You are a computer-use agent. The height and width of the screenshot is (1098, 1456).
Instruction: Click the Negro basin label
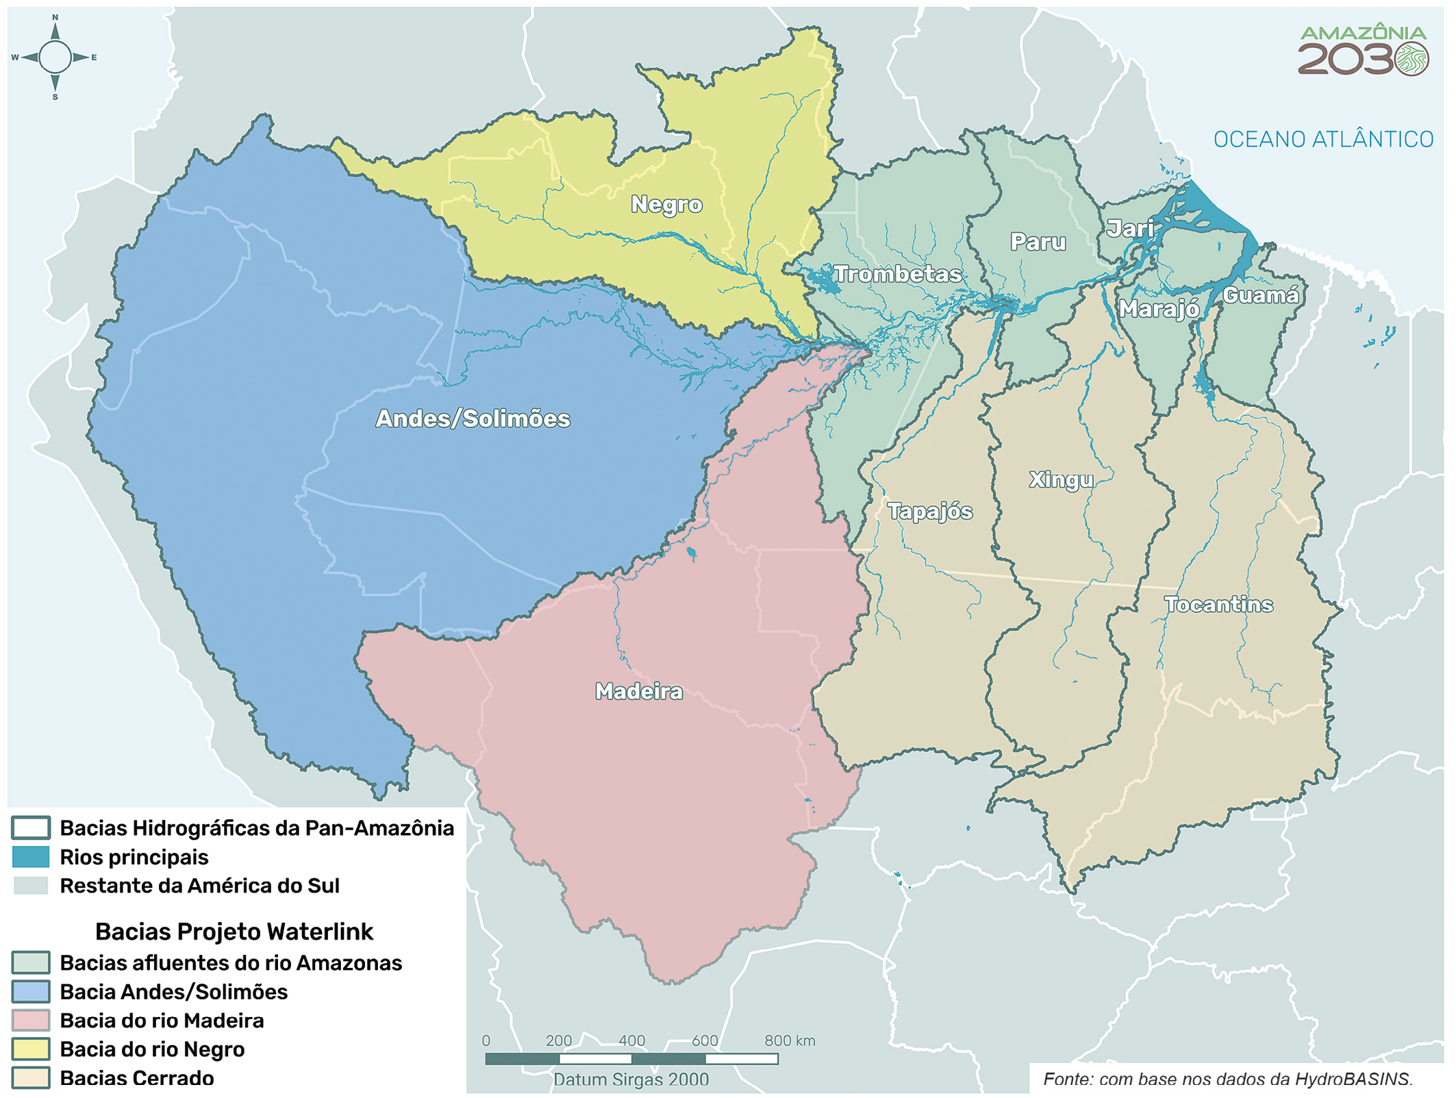point(666,204)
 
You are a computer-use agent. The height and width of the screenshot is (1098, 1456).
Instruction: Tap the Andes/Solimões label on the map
point(473,419)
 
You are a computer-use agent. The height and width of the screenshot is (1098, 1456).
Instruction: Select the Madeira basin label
point(638,691)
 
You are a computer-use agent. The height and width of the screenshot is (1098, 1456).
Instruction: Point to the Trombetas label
point(897,274)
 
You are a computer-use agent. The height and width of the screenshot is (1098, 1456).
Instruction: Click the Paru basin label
point(1038,242)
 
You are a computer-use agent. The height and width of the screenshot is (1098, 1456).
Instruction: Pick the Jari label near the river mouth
point(1129,228)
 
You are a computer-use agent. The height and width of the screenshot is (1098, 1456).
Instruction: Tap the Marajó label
point(1159,309)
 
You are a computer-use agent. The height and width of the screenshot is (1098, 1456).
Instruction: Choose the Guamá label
point(1260,295)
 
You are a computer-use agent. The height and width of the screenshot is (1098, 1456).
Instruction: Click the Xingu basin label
point(1061,479)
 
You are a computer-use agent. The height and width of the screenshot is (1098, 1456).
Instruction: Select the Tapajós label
point(929,511)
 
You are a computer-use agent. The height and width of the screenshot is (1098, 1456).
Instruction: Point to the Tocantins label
point(1218,604)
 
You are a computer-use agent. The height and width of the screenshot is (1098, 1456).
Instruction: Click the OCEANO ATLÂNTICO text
point(1322,140)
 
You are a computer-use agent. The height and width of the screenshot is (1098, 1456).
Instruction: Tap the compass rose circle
point(55,58)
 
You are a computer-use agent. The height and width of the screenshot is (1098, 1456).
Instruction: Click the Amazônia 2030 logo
point(1362,52)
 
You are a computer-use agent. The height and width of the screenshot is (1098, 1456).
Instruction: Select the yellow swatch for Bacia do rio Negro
point(31,1049)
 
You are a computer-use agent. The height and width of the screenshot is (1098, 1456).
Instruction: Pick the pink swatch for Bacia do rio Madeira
point(31,1020)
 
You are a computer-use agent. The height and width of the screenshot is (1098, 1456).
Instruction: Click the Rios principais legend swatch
point(31,857)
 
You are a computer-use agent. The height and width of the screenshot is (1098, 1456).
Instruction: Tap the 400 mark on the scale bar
point(631,1041)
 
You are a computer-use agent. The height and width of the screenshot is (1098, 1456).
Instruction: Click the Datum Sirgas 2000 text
point(631,1080)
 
